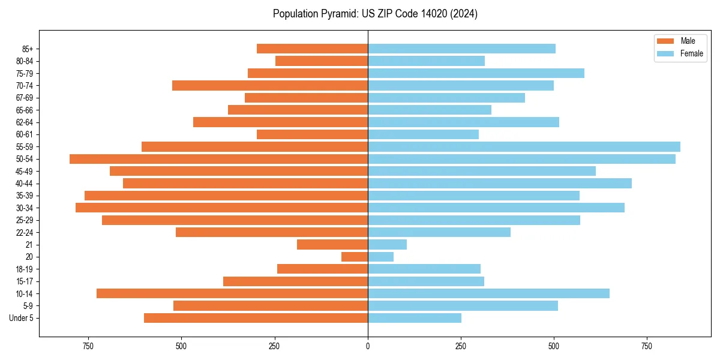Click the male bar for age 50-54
tap(218, 159)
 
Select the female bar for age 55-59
tap(524, 146)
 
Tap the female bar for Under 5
tap(415, 318)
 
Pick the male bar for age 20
tap(355, 257)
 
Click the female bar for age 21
tap(387, 244)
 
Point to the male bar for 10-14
tap(232, 293)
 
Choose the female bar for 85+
tap(461, 49)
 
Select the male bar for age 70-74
tap(270, 85)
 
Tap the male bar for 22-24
tap(272, 232)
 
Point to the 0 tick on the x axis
tap(368, 347)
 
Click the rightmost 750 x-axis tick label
tap(647, 347)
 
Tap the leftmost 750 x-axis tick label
tap(88, 347)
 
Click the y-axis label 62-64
tap(25, 122)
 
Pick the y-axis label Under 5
tap(22, 318)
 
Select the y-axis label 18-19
tap(25, 269)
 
